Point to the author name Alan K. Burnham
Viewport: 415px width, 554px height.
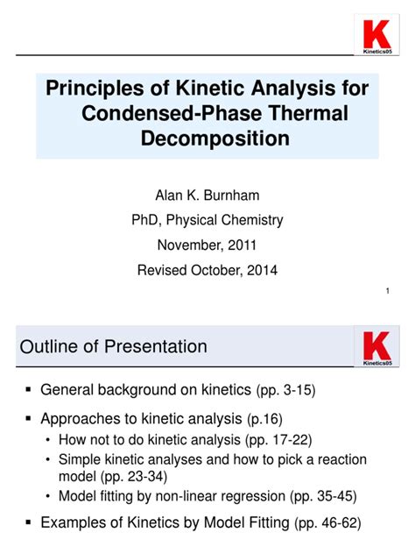207,195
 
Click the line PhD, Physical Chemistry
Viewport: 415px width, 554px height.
207,220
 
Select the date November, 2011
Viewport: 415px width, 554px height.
207,245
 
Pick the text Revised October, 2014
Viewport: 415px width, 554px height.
207,271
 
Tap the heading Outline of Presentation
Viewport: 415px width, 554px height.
113,346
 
